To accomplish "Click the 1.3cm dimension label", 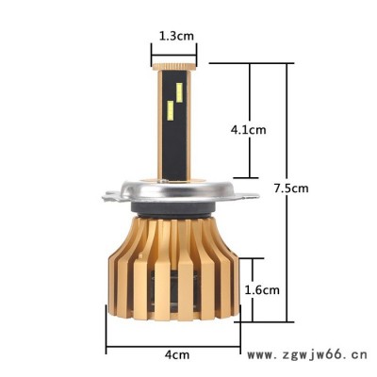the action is coord(176,36).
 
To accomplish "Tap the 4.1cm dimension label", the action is coord(248,129).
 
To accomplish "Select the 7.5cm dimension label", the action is coord(291,188).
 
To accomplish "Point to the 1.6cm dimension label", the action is coord(262,289).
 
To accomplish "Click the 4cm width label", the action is coord(177,355).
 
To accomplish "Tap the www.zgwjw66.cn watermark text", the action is coord(307,355).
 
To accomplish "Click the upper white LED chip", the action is coord(179,92).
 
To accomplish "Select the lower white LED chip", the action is coord(171,111).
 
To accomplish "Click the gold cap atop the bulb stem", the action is coord(173,67).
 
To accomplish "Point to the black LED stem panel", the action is coord(174,125).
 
